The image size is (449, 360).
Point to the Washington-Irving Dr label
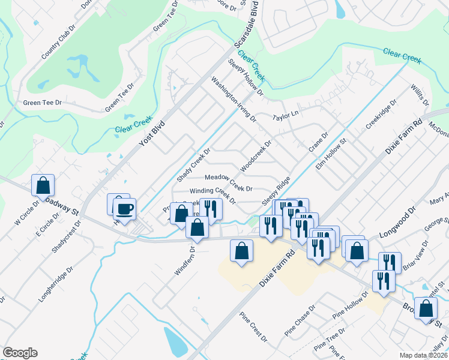click(x=232, y=100)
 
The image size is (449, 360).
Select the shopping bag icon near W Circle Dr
click(x=43, y=185)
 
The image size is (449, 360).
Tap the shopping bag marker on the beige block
click(x=241, y=252)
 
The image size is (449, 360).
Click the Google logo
click(x=20, y=353)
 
